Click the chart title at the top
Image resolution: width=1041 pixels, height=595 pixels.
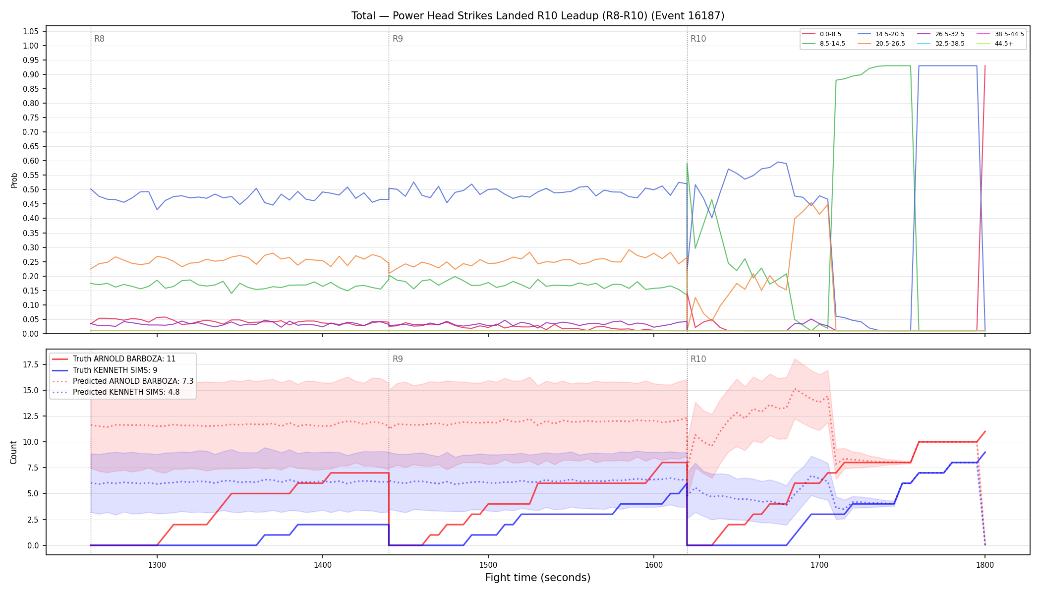tap(538, 16)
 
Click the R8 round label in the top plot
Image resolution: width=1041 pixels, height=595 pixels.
tap(99, 39)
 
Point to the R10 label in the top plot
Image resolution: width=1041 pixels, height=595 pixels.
tap(698, 39)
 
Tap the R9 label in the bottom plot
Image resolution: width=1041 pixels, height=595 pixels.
tap(398, 359)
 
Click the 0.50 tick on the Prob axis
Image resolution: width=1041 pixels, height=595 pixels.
tap(31, 189)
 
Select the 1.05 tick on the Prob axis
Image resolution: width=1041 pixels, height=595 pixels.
tap(31, 31)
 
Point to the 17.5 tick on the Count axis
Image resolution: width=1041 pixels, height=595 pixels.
tap(31, 364)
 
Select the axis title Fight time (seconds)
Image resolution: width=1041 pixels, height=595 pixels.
tap(538, 578)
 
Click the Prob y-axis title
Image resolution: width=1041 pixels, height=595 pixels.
tap(14, 180)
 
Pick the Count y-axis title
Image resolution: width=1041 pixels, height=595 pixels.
tap(13, 452)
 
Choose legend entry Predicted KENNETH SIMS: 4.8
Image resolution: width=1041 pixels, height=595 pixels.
tap(123, 392)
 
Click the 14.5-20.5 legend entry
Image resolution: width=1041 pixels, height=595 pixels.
tap(881, 34)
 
